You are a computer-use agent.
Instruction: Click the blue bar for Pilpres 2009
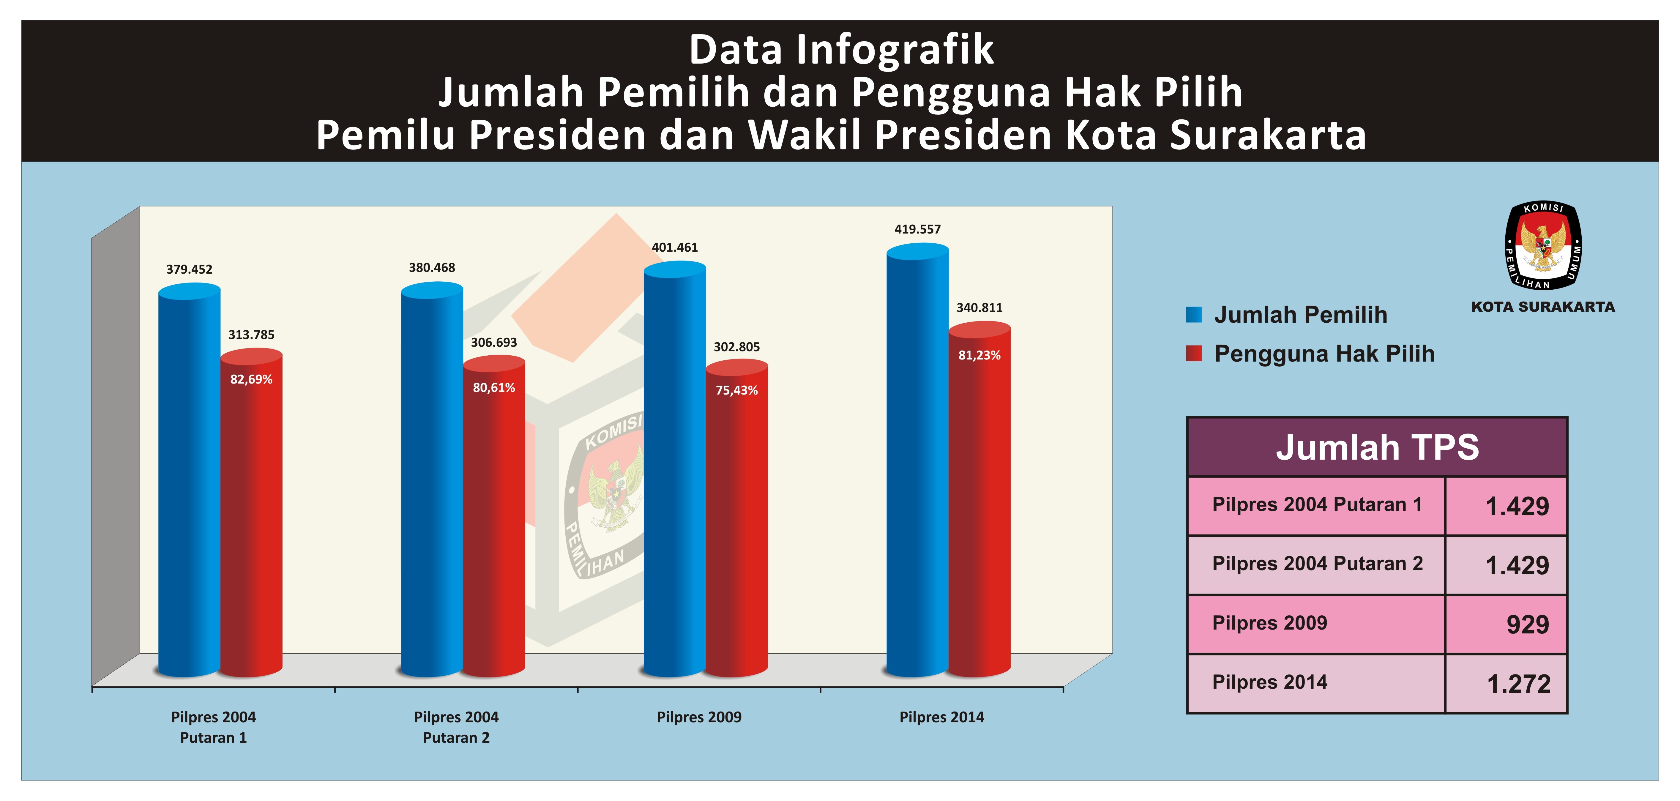click(674, 470)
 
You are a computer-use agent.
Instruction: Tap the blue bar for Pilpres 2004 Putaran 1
click(189, 483)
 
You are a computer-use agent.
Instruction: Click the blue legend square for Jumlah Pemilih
click(1193, 314)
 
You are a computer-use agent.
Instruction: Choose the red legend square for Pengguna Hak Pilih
click(1193, 354)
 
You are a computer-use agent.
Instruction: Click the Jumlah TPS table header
click(1377, 447)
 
